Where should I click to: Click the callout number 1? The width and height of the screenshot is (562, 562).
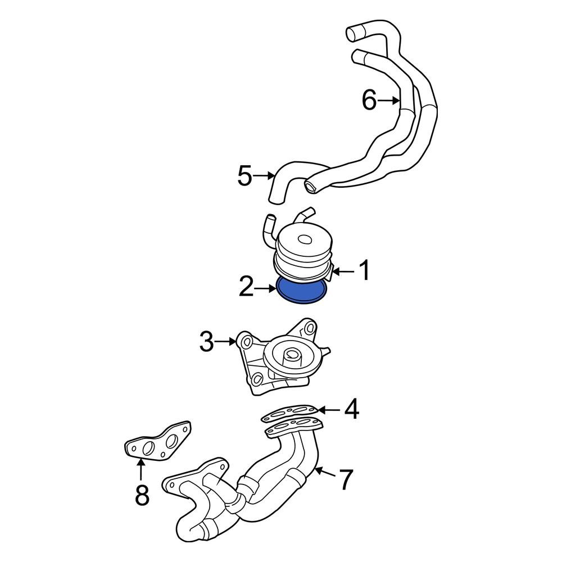[x=365, y=271]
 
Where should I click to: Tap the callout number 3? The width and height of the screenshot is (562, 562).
[x=206, y=342]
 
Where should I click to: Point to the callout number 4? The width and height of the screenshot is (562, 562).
[x=351, y=410]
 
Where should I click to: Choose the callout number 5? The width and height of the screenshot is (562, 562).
[x=244, y=176]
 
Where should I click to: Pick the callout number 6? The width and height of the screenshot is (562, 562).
[x=369, y=101]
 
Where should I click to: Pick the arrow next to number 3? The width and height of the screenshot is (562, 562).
[x=226, y=341]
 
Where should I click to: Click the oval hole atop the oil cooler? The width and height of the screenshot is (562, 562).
[x=303, y=239]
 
